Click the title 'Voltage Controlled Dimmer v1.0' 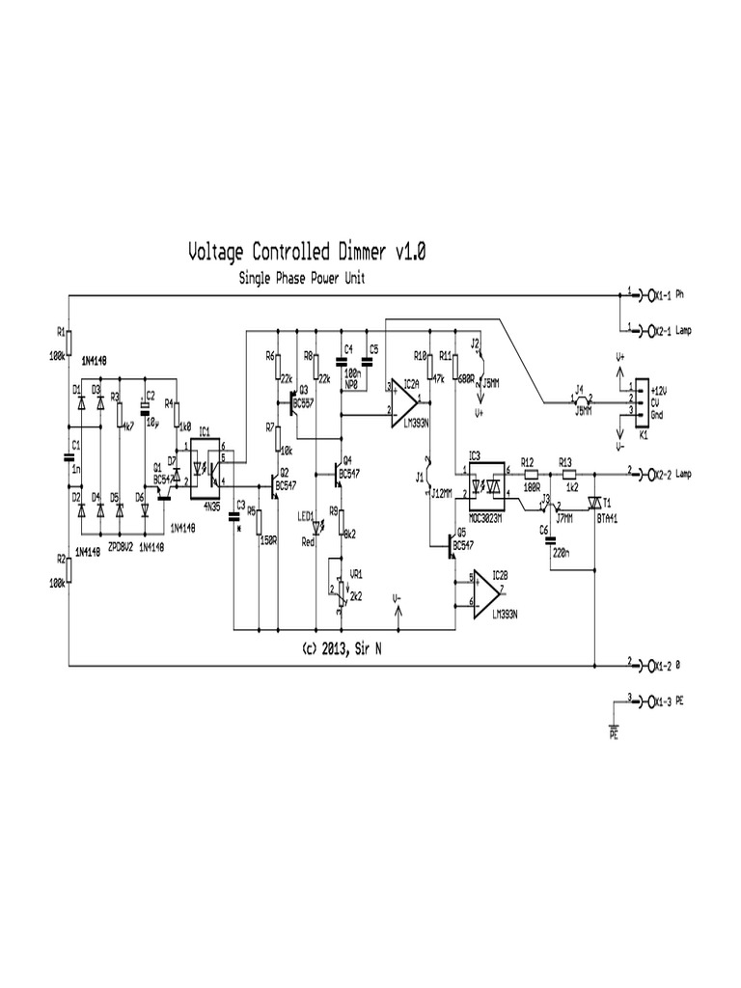point(306,253)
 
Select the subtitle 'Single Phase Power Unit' point(301,278)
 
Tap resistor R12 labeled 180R point(529,474)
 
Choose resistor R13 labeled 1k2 point(567,474)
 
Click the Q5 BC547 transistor point(451,548)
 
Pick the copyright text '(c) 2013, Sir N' point(343,647)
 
